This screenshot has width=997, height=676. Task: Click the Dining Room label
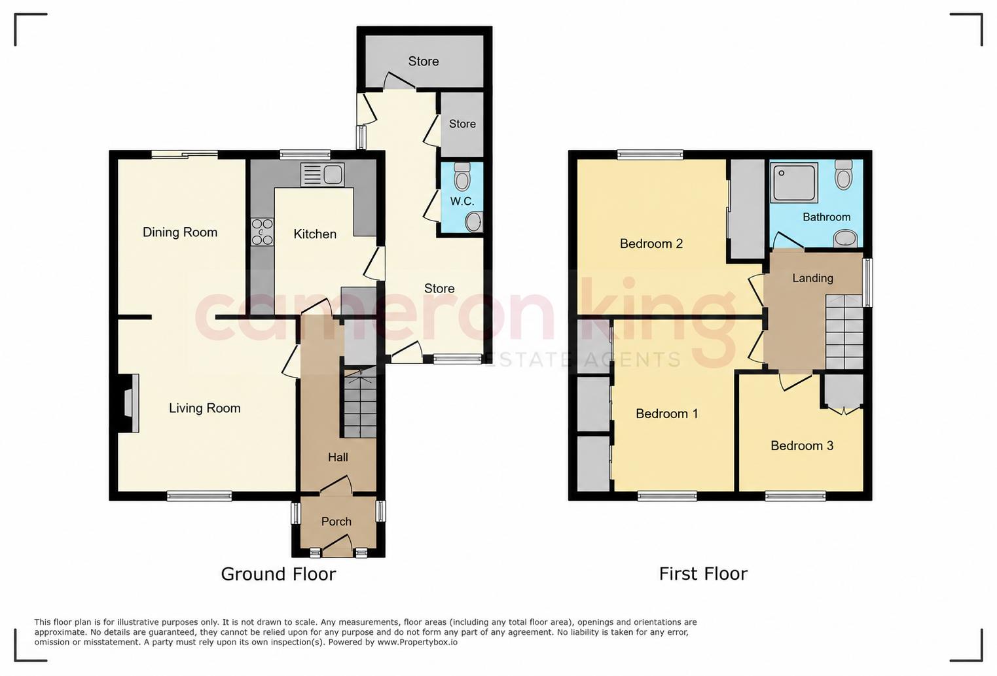[x=180, y=232]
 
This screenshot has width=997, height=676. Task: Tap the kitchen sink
[x=323, y=175]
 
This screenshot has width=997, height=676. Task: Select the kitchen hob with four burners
[x=262, y=232]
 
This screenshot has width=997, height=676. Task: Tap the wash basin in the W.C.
[x=474, y=222]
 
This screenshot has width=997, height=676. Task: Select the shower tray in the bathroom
[x=794, y=183]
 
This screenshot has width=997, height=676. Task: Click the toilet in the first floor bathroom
[x=843, y=175]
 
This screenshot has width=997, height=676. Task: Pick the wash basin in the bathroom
[x=845, y=239]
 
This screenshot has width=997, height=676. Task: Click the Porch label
[x=336, y=522]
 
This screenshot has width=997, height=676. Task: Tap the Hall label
[x=338, y=457]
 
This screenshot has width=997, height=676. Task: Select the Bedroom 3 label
[x=802, y=446]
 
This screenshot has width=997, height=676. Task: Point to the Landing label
[x=813, y=278]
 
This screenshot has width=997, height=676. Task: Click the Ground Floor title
[x=278, y=574]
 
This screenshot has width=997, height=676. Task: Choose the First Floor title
[x=703, y=574]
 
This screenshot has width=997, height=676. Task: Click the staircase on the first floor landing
[x=844, y=332]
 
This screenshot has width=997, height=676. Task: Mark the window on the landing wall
[x=867, y=283]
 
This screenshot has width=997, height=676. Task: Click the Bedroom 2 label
[x=651, y=244]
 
